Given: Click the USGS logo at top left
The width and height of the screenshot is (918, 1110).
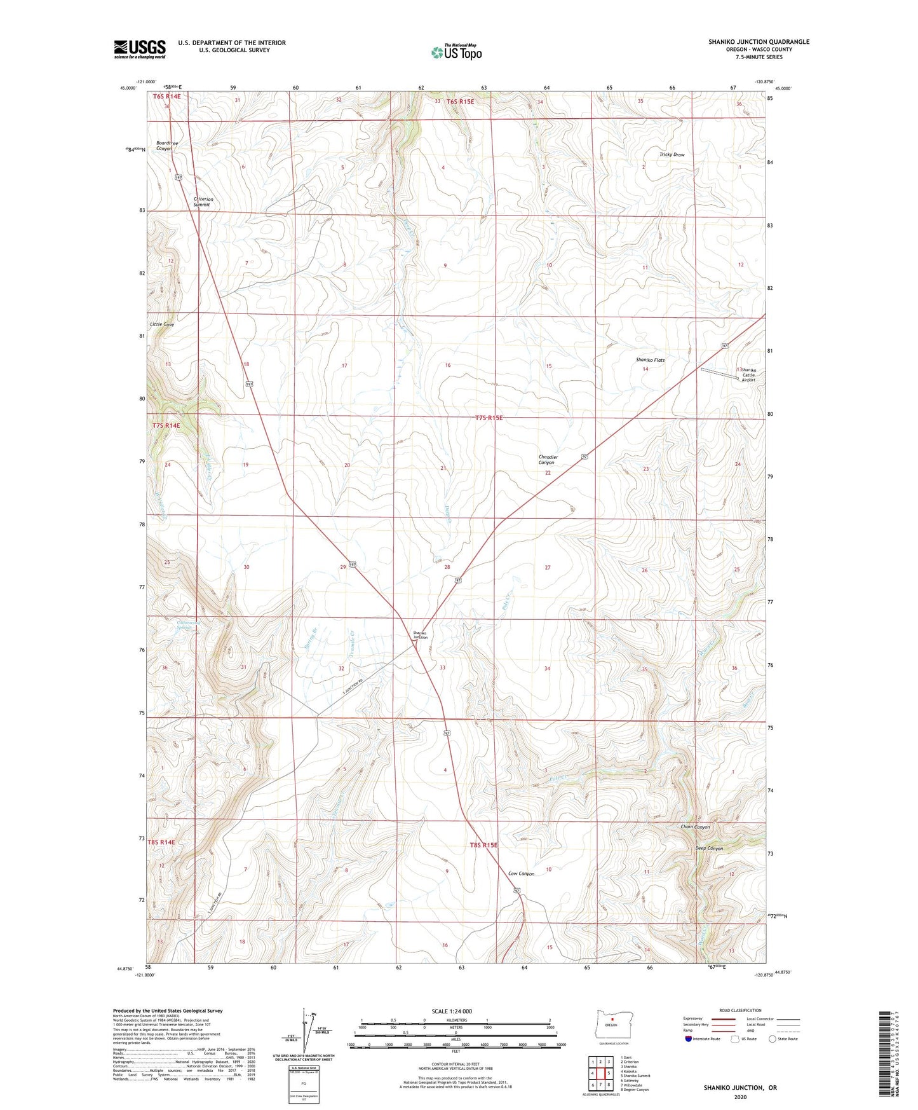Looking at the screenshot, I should point(139,49).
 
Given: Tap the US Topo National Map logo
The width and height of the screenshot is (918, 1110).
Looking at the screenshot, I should point(456,51).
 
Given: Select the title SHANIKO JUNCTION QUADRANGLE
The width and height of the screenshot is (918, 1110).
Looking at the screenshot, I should point(759,42).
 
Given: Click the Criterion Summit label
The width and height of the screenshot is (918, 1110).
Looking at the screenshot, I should point(203,202).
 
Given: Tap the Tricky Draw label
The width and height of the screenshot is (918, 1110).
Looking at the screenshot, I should point(672,154).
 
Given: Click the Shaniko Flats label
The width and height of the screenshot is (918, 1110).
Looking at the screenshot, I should point(650,360).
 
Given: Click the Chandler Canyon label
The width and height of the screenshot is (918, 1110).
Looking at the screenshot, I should point(548,460).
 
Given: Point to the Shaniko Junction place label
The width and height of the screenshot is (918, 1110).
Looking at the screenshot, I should point(420,634).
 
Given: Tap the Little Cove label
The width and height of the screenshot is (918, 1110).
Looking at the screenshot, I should point(161,324).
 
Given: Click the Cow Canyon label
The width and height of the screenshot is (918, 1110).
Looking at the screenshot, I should point(521,874).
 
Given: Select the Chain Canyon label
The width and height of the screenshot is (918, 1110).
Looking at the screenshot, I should point(695,827).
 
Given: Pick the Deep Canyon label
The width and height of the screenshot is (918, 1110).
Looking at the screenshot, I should point(709,849).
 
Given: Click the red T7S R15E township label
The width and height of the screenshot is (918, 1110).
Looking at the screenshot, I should point(489,418).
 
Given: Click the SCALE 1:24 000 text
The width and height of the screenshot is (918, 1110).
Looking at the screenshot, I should point(452,1011).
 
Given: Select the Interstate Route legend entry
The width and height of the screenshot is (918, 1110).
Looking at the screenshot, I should point(702,1039).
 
